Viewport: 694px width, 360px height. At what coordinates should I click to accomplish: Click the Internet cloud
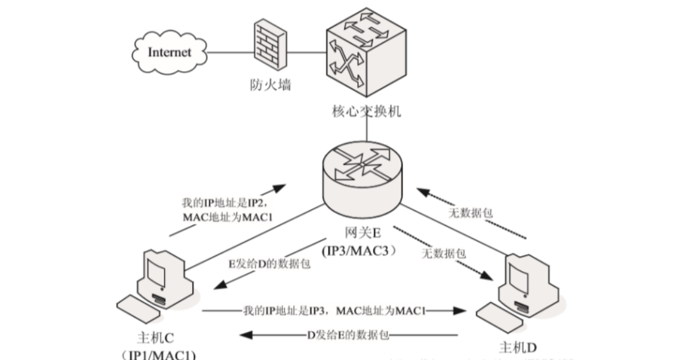point(168,52)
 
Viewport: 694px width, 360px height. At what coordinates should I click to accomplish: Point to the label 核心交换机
point(366,112)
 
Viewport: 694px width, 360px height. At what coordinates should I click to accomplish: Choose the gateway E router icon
point(364,178)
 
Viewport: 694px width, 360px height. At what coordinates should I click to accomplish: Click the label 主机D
point(517,347)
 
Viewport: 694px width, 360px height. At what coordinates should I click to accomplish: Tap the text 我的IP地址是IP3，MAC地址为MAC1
point(334,310)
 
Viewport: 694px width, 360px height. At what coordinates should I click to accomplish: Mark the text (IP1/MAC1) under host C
point(159,355)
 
